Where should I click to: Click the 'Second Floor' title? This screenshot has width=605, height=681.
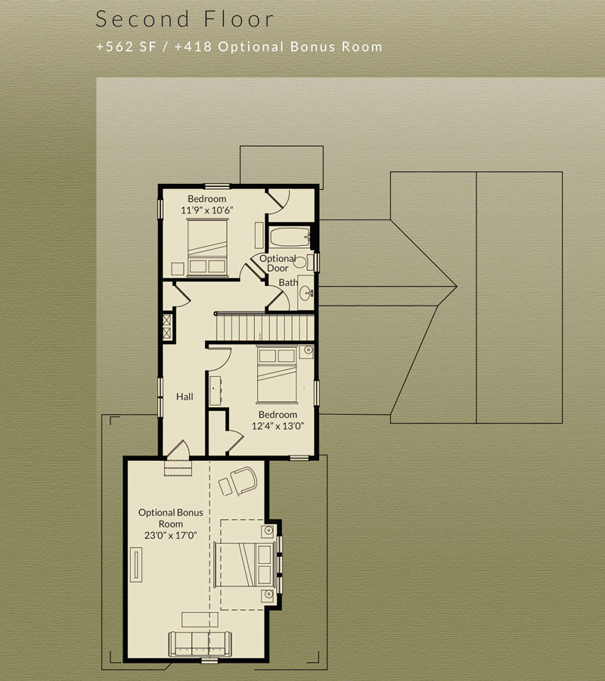[185, 19]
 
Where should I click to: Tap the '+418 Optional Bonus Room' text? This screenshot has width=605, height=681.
[278, 46]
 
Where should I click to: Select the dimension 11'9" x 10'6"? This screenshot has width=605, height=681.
[207, 210]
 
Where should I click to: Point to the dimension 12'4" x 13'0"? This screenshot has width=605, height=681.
[278, 425]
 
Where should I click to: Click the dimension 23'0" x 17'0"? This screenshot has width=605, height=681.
[171, 535]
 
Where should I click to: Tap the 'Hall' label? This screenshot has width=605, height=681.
[185, 396]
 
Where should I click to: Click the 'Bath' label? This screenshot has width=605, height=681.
[288, 282]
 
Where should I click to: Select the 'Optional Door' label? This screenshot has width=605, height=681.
[278, 263]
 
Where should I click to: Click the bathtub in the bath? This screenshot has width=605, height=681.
[290, 237]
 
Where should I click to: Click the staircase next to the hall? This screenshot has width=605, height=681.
[265, 327]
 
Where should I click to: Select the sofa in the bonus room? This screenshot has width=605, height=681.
[200, 644]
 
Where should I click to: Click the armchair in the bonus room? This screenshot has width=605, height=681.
[244, 480]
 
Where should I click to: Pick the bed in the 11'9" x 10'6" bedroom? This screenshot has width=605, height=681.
[207, 247]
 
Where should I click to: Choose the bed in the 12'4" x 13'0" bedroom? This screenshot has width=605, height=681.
[277, 375]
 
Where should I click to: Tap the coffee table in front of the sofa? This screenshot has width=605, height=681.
[200, 619]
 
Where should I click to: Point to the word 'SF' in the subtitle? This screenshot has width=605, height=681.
[147, 46]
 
